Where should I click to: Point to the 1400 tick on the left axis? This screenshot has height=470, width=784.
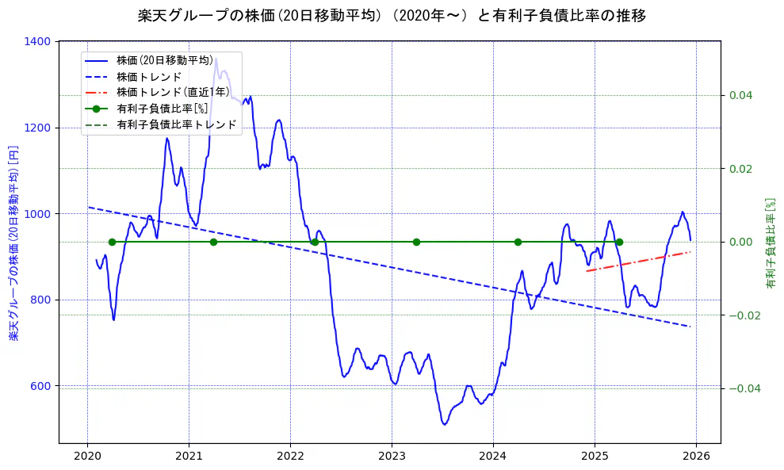click(x=39, y=41)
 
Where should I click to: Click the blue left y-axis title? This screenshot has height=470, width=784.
click(x=14, y=243)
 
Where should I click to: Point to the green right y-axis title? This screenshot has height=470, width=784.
click(x=770, y=243)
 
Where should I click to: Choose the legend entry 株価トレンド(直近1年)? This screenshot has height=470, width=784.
click(x=173, y=93)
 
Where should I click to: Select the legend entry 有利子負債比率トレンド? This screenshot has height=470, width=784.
click(x=176, y=125)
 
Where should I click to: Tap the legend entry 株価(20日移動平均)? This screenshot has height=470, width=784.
click(x=164, y=60)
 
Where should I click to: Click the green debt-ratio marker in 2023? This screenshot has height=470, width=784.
click(x=416, y=242)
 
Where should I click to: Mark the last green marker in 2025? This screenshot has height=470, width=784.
click(x=619, y=242)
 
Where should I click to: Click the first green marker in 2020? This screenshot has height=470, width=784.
click(x=112, y=242)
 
